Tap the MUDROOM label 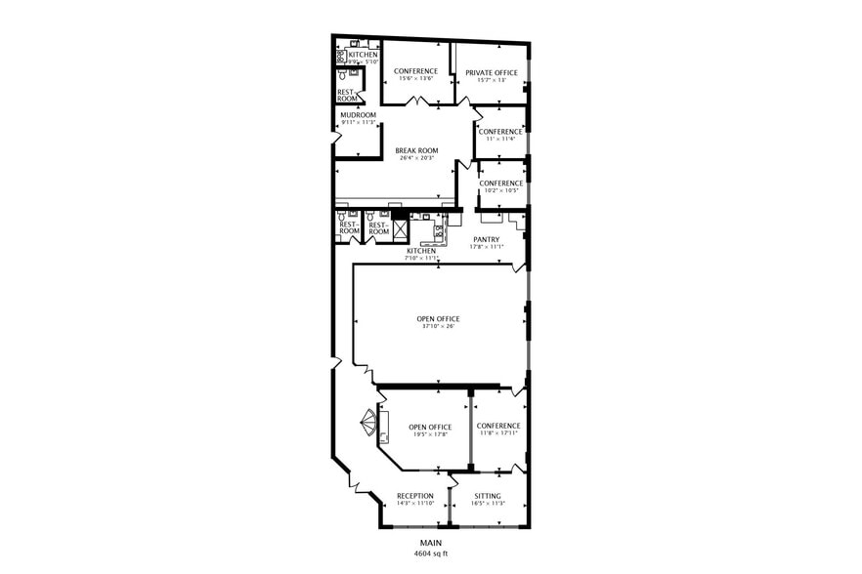[x=357, y=115]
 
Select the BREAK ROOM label [x=416, y=150]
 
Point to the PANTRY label [x=486, y=239]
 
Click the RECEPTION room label [x=415, y=496]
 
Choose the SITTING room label [x=488, y=496]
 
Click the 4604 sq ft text [x=431, y=553]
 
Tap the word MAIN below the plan [x=431, y=543]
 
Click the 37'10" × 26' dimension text [x=437, y=326]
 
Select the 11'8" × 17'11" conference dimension [x=498, y=433]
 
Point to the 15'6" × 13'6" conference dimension [x=415, y=78]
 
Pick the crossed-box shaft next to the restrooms [x=399, y=228]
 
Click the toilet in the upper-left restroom [x=343, y=75]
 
